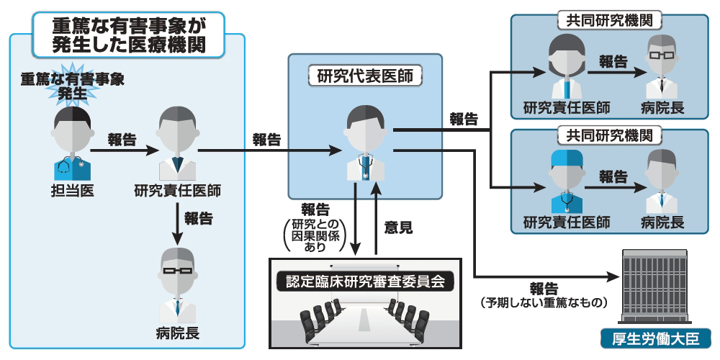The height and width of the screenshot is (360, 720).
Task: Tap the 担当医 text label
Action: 72,191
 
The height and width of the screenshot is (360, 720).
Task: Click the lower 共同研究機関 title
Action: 610,135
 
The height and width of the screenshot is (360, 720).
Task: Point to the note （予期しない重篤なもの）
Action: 545,302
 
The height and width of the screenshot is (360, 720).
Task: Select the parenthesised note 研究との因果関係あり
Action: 315,235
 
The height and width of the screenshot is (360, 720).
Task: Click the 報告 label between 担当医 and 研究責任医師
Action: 122,140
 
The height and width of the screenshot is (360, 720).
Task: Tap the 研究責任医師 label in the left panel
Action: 177,191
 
